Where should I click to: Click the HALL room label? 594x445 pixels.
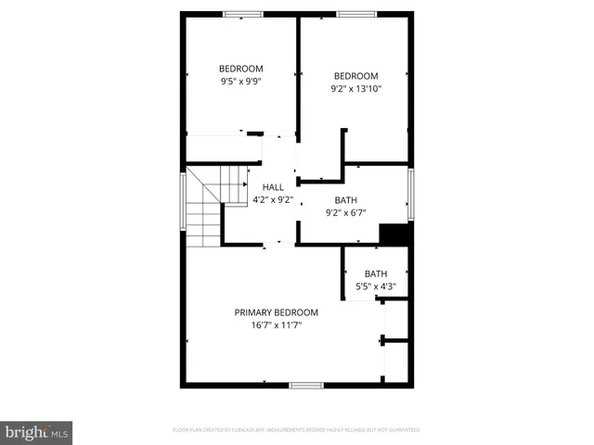point(273,187)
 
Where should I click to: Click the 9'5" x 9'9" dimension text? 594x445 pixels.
point(241,81)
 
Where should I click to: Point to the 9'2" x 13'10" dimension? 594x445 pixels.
point(355,89)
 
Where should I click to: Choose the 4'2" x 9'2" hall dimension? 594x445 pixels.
point(273,199)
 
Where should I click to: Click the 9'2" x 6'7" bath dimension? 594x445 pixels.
point(346,212)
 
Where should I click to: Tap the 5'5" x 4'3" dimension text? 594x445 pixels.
point(376,286)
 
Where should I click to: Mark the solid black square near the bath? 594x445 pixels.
point(396,235)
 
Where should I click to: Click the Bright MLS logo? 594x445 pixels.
point(36,432)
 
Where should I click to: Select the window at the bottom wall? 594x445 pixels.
point(305,385)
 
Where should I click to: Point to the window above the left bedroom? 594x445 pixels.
point(241,14)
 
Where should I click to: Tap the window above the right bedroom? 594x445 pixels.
point(355,14)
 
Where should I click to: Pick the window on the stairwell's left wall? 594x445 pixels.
point(182,208)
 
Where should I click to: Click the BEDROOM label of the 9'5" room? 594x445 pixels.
point(241,68)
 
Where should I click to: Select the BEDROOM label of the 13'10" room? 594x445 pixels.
point(355,76)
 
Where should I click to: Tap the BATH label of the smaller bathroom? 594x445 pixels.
point(376,273)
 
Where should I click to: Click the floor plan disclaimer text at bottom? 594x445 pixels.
point(297,430)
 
